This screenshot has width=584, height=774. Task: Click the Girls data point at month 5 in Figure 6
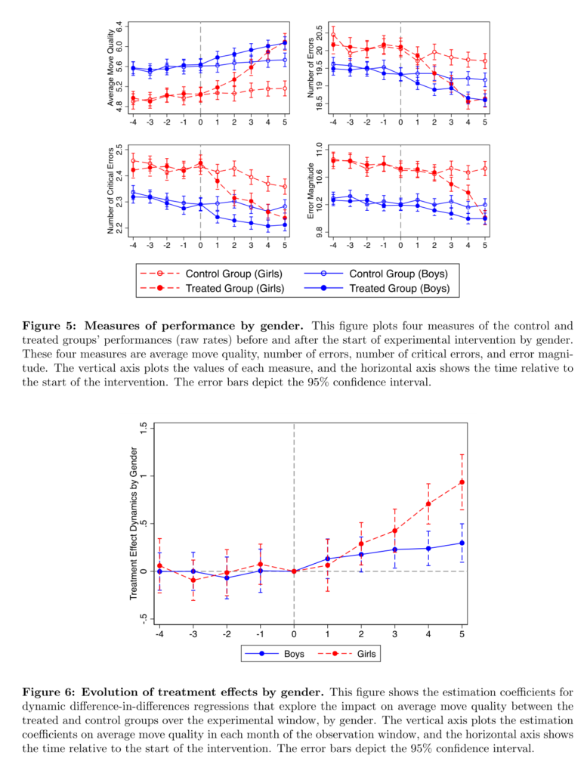coord(462,482)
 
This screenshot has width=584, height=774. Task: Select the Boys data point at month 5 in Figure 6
coord(462,543)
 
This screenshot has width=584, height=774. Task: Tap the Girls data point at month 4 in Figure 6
coord(428,504)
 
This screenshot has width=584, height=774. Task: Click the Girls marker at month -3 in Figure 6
coord(193,580)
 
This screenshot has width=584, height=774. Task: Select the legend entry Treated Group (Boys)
coord(377,288)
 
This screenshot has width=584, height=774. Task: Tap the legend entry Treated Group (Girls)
coord(212,288)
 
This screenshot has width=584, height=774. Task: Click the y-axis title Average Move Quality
coord(110,67)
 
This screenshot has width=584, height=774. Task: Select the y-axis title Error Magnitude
coord(311,190)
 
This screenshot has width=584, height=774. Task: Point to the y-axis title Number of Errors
coord(311,67)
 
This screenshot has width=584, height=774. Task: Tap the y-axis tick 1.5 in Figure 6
coord(144,429)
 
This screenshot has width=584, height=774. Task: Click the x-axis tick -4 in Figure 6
coord(159,634)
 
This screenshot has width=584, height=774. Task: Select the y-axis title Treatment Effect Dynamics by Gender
coord(134,524)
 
